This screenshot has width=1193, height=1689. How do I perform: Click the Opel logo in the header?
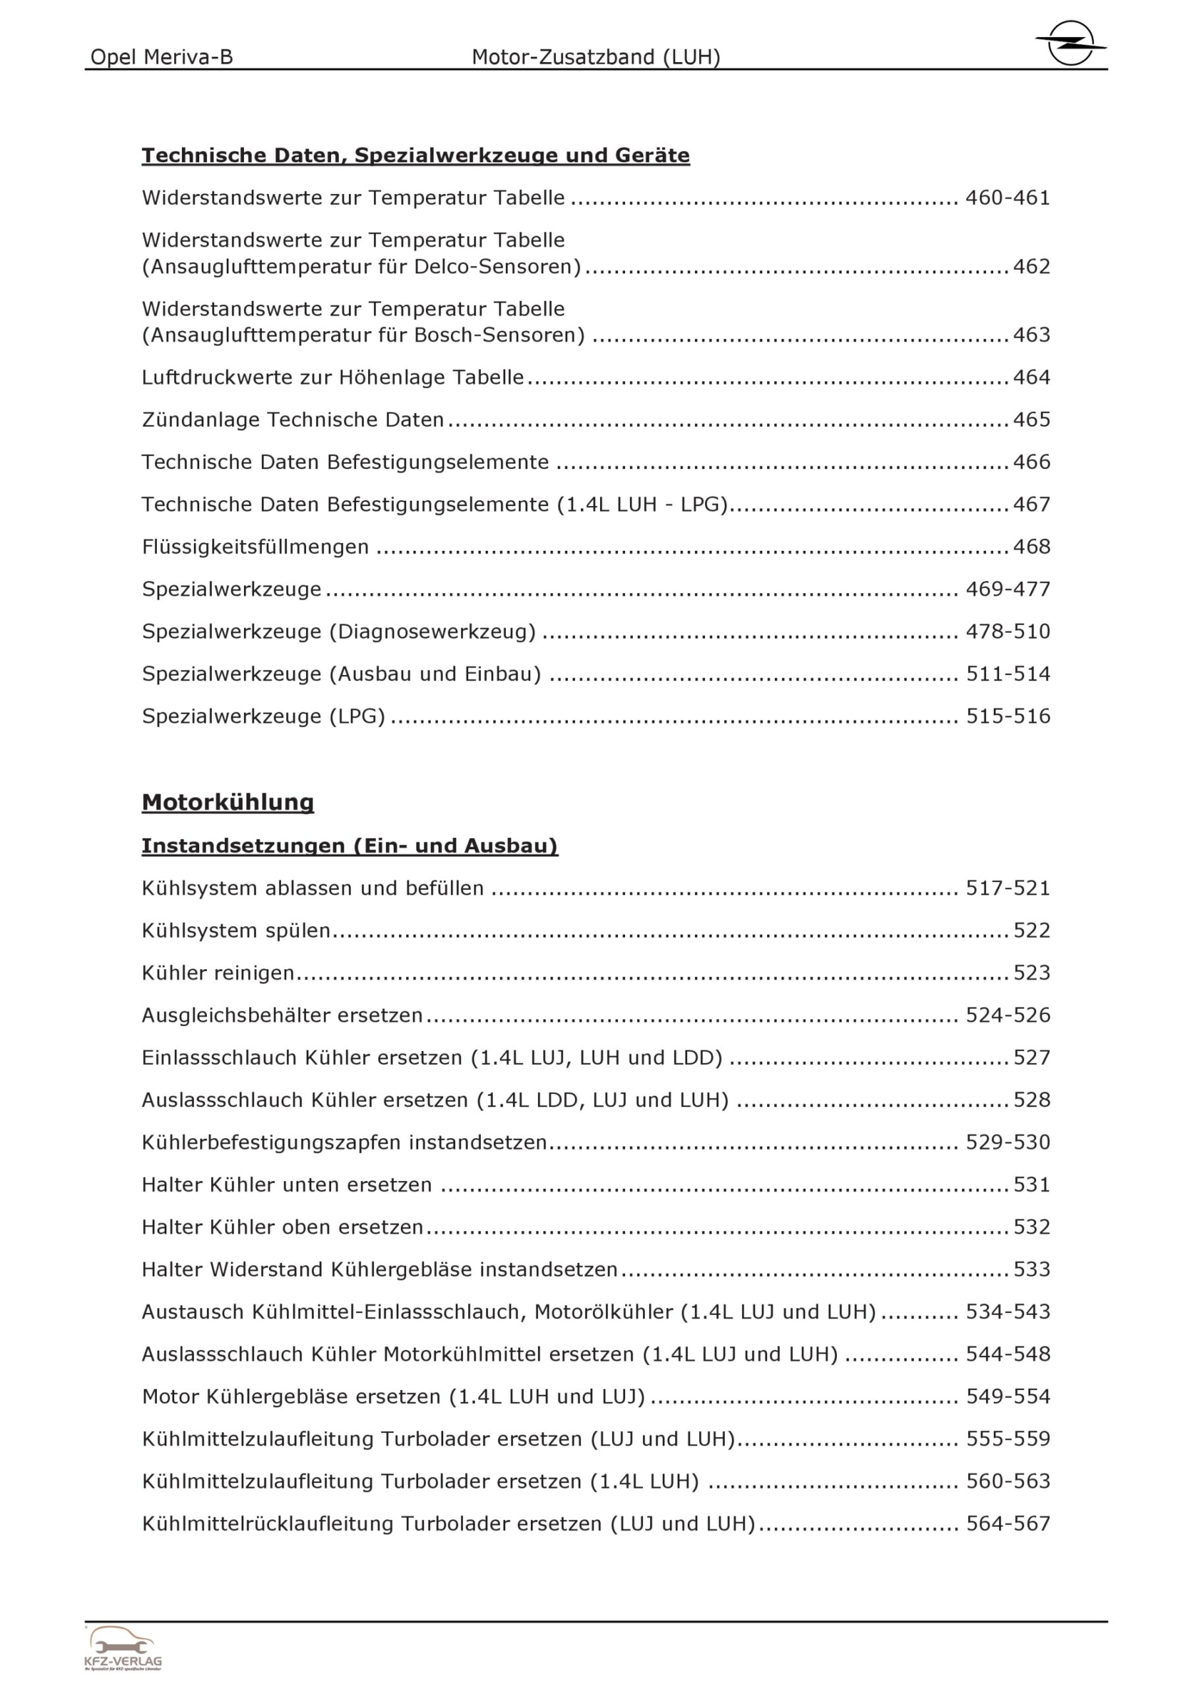[1070, 43]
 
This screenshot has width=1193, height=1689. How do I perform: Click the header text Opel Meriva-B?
[161, 57]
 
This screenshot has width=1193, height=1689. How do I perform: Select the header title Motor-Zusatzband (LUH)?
[596, 57]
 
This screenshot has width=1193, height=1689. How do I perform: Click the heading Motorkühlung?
[228, 802]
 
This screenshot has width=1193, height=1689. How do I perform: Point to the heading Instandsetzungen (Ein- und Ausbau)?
[350, 846]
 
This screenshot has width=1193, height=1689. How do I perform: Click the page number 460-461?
[1008, 198]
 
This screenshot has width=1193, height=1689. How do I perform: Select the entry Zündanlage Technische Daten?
[293, 420]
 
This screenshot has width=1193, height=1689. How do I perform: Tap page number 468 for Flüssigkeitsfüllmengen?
[1031, 546]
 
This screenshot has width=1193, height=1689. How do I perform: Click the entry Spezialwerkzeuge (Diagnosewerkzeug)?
[338, 631]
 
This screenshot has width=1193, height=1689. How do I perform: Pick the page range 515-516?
[1008, 716]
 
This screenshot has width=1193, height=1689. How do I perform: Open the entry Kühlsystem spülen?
[236, 930]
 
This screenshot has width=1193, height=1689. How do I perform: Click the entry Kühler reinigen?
[218, 972]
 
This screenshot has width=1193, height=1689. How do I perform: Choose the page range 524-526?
[1008, 1015]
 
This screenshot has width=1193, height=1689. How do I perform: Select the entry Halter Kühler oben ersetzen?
[282, 1227]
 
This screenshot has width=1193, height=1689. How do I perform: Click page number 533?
[1031, 1269]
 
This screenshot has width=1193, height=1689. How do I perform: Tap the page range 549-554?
[1008, 1396]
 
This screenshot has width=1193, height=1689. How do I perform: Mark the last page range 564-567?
[1008, 1523]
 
